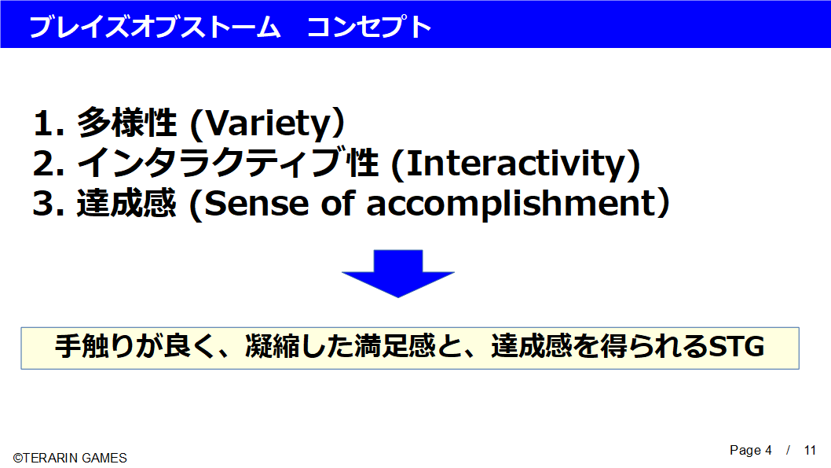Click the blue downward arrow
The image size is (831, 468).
point(398,273)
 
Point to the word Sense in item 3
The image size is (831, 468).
point(257,205)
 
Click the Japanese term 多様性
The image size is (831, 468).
point(126,123)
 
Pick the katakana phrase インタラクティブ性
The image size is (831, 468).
point(228,163)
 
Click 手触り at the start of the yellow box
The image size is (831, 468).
point(95,347)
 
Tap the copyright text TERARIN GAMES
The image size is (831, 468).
point(75,458)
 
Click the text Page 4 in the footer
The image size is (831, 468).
point(750,451)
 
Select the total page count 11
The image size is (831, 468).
point(810,451)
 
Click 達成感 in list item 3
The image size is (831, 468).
point(126,204)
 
